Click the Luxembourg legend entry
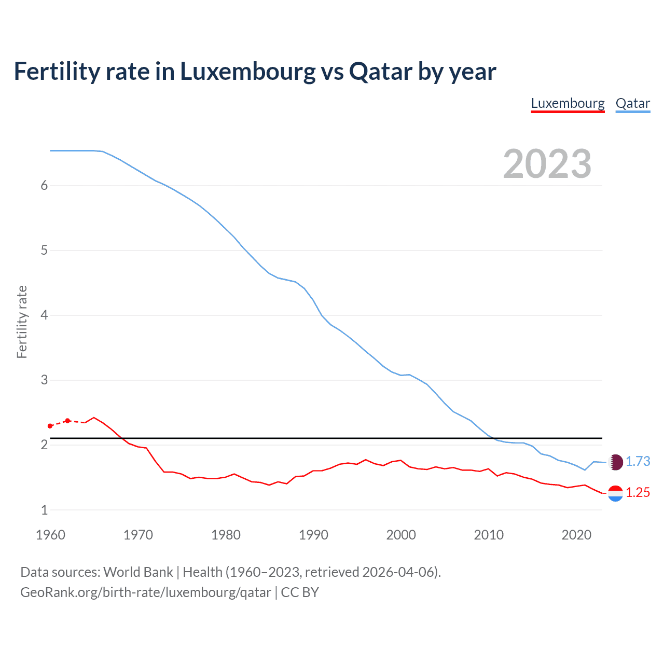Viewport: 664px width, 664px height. point(568,103)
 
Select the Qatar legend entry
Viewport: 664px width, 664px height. point(632,103)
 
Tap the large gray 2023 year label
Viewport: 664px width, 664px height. point(547,164)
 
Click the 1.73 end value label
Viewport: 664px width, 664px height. point(638,461)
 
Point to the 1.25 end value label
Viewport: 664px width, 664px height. point(638,492)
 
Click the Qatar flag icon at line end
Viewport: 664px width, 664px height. point(615,462)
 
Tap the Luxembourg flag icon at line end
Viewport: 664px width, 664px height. point(615,493)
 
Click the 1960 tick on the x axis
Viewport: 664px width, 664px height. point(50,535)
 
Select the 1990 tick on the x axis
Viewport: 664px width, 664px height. point(313,535)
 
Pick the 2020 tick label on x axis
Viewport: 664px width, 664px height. point(576,535)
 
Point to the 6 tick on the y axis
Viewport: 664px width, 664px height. point(44,186)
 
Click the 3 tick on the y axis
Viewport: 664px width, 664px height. point(44,380)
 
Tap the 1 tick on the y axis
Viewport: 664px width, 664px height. point(44,510)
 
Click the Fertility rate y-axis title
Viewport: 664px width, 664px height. point(22,322)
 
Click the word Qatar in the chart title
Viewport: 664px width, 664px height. point(381,71)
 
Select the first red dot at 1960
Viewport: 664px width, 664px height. point(50,426)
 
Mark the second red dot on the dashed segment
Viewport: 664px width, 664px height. point(67,421)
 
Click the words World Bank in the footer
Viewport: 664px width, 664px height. point(138,572)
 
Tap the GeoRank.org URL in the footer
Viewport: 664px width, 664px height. point(145,592)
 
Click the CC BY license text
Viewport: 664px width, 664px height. point(300,592)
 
